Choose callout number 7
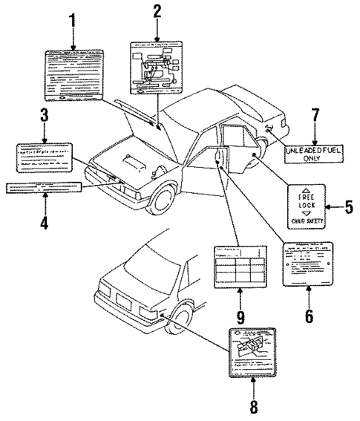(x=315, y=119)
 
